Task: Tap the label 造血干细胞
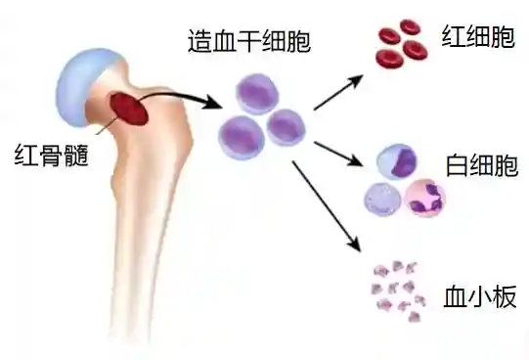click(248, 42)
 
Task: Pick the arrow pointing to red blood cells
click(337, 88)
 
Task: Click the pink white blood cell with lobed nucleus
click(426, 199)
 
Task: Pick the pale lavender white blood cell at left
click(382, 199)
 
